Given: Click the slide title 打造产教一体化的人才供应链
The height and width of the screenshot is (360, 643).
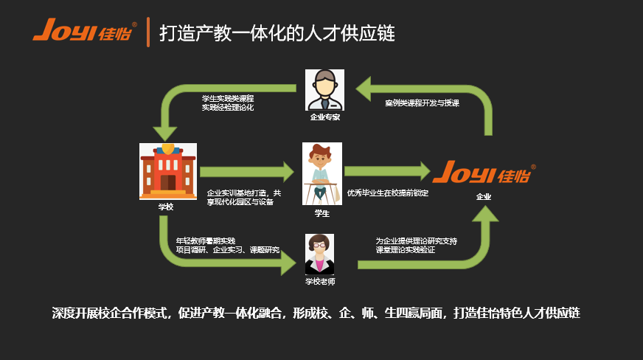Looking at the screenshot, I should [x=277, y=33].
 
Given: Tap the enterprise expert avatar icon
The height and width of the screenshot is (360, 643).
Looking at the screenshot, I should [x=325, y=90].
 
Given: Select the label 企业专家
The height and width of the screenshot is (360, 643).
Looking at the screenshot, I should [x=325, y=117].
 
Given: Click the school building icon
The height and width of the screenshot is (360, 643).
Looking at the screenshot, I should [x=167, y=170].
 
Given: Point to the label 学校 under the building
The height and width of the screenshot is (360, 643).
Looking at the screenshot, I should [x=166, y=207].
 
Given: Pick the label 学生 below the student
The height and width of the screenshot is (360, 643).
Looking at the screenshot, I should [x=322, y=213].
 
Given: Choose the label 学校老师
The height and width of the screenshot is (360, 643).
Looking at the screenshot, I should [x=320, y=281].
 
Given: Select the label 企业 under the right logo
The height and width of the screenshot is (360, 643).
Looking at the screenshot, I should [x=484, y=197].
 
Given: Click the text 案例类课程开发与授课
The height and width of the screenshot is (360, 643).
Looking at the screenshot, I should [x=422, y=103].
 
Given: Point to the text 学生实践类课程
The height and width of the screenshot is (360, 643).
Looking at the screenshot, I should [x=228, y=98].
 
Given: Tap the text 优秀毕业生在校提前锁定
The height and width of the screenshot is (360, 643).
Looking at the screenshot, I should [x=388, y=193].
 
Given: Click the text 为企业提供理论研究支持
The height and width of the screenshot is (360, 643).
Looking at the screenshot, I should [x=417, y=240].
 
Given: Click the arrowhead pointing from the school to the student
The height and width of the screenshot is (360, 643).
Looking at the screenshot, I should [x=283, y=173].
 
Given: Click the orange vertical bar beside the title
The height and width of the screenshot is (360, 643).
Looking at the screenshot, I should [x=148, y=32].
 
